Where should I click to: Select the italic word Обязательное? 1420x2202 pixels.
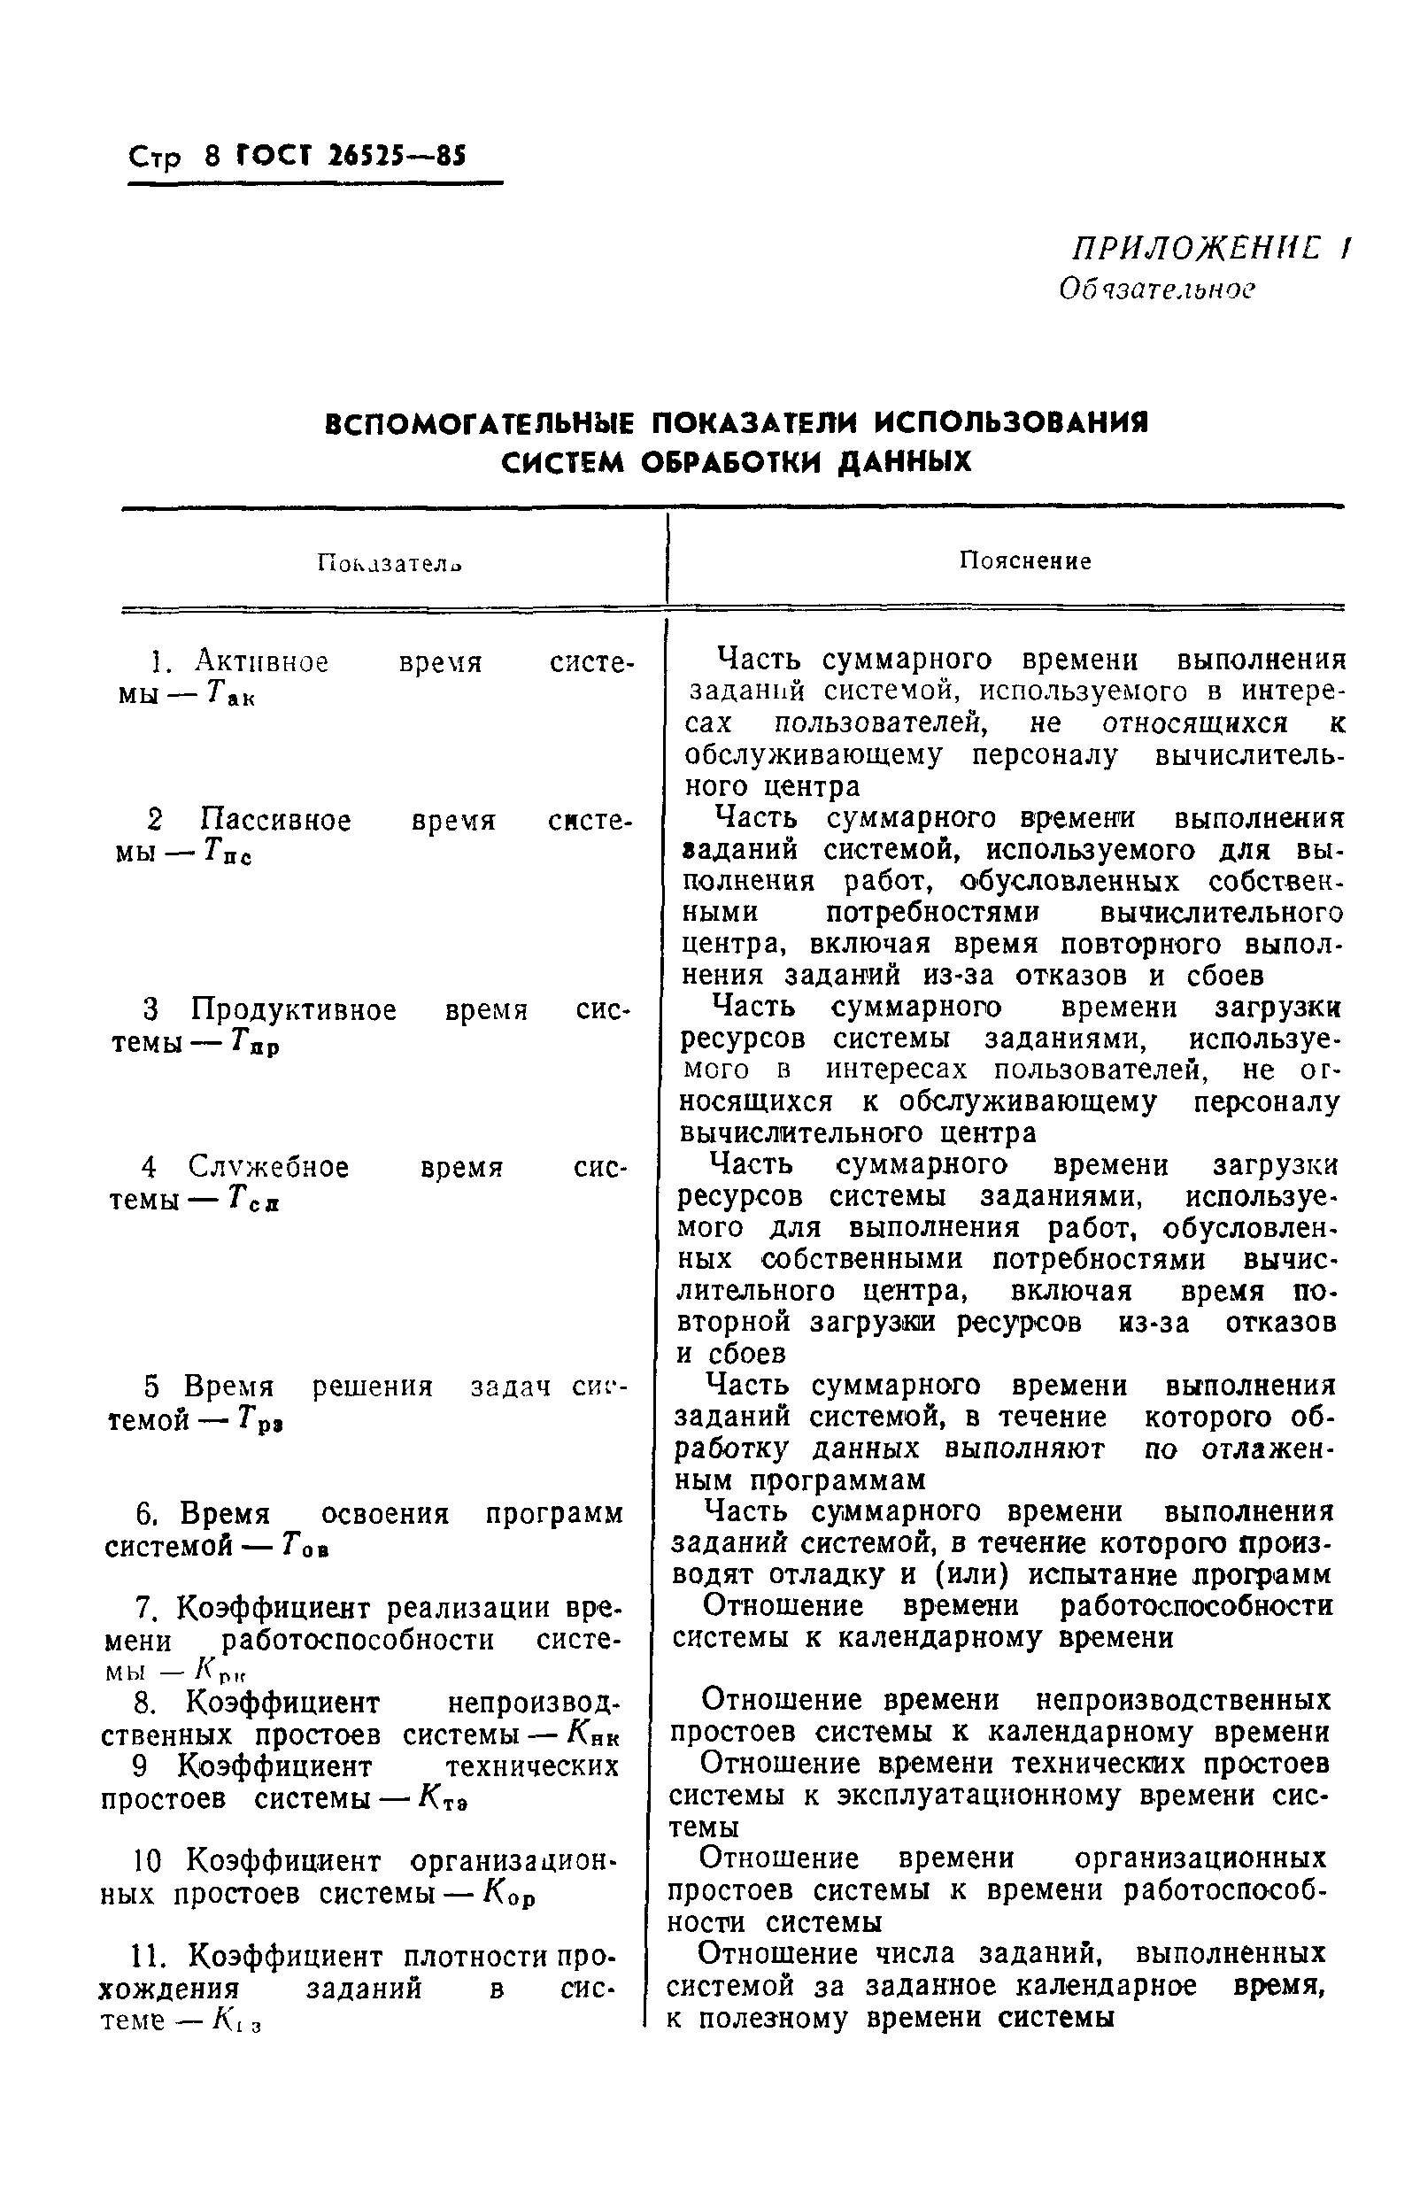1156,290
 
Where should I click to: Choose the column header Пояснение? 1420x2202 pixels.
1024,561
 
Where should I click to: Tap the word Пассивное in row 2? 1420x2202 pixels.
275,820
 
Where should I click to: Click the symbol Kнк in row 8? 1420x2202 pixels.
594,1735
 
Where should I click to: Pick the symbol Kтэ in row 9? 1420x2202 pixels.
443,1799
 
